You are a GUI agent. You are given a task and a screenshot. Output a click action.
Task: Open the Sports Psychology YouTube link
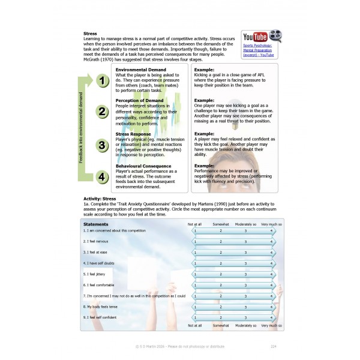tap(258, 50)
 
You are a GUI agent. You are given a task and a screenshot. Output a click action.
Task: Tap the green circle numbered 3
tap(103, 145)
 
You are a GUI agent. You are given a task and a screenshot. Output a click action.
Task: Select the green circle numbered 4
tap(103, 176)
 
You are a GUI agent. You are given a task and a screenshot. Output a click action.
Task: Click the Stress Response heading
tap(133, 134)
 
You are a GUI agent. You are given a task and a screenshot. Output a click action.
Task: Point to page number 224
tap(273, 346)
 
